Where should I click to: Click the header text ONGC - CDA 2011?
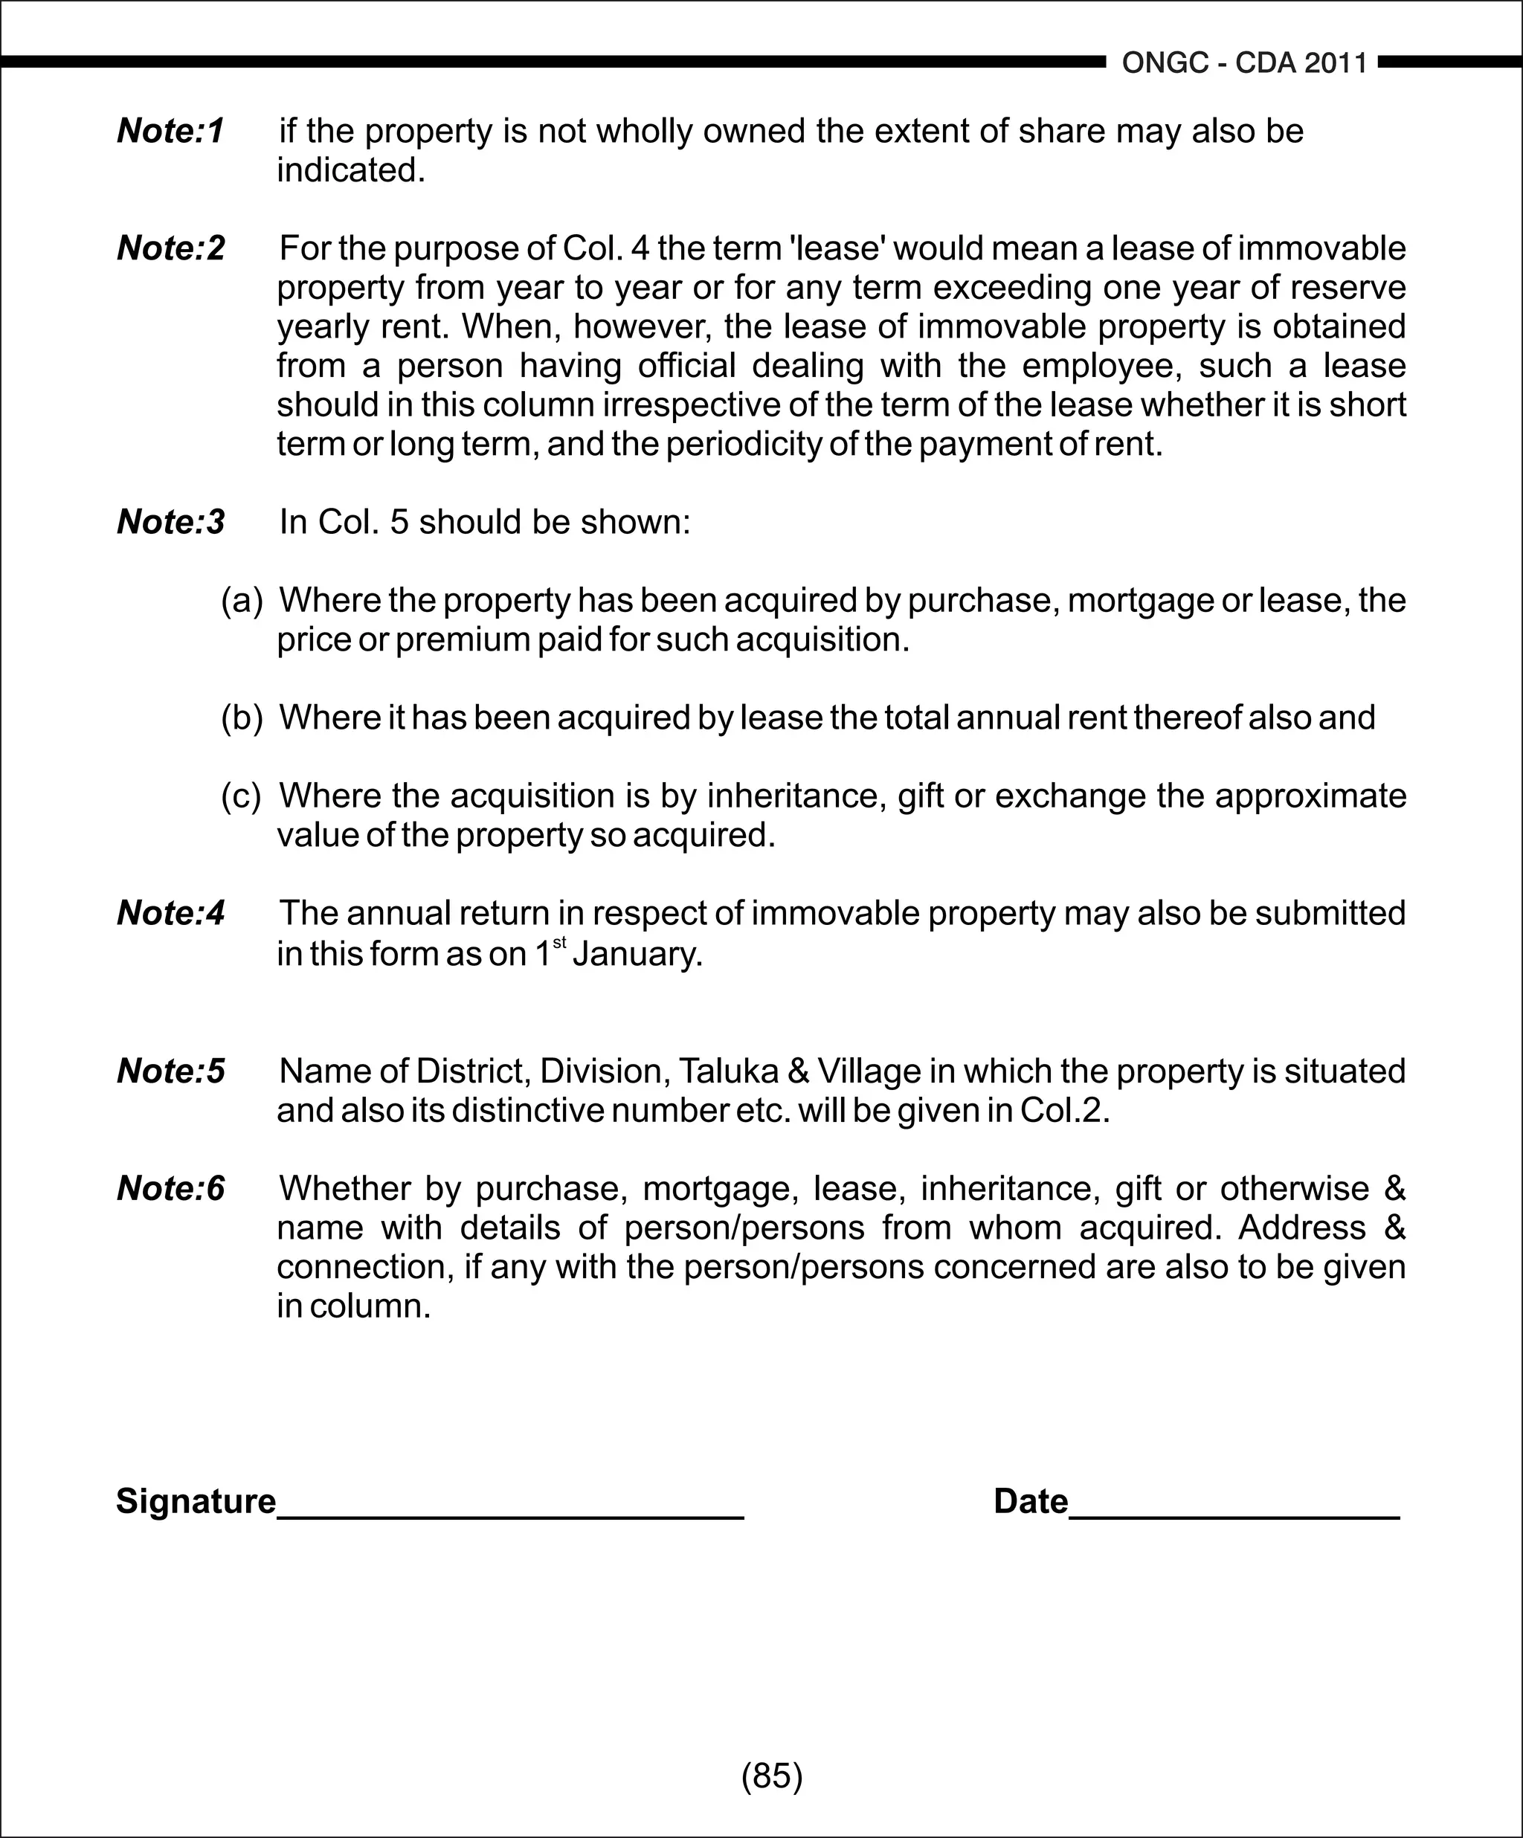(1244, 63)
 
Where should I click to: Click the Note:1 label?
(171, 132)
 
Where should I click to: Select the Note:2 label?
(171, 248)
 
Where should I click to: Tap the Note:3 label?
(171, 522)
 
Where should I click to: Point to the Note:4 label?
(171, 913)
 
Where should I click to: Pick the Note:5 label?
(171, 1071)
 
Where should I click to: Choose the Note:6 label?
(171, 1189)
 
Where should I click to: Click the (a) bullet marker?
(242, 601)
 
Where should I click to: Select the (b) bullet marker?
(242, 718)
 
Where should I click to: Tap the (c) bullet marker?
(241, 796)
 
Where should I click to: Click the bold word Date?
(1030, 1502)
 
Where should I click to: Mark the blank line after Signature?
(510, 1514)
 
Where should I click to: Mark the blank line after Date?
(1234, 1514)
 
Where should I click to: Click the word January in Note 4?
(637, 953)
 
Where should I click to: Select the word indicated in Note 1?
(350, 171)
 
